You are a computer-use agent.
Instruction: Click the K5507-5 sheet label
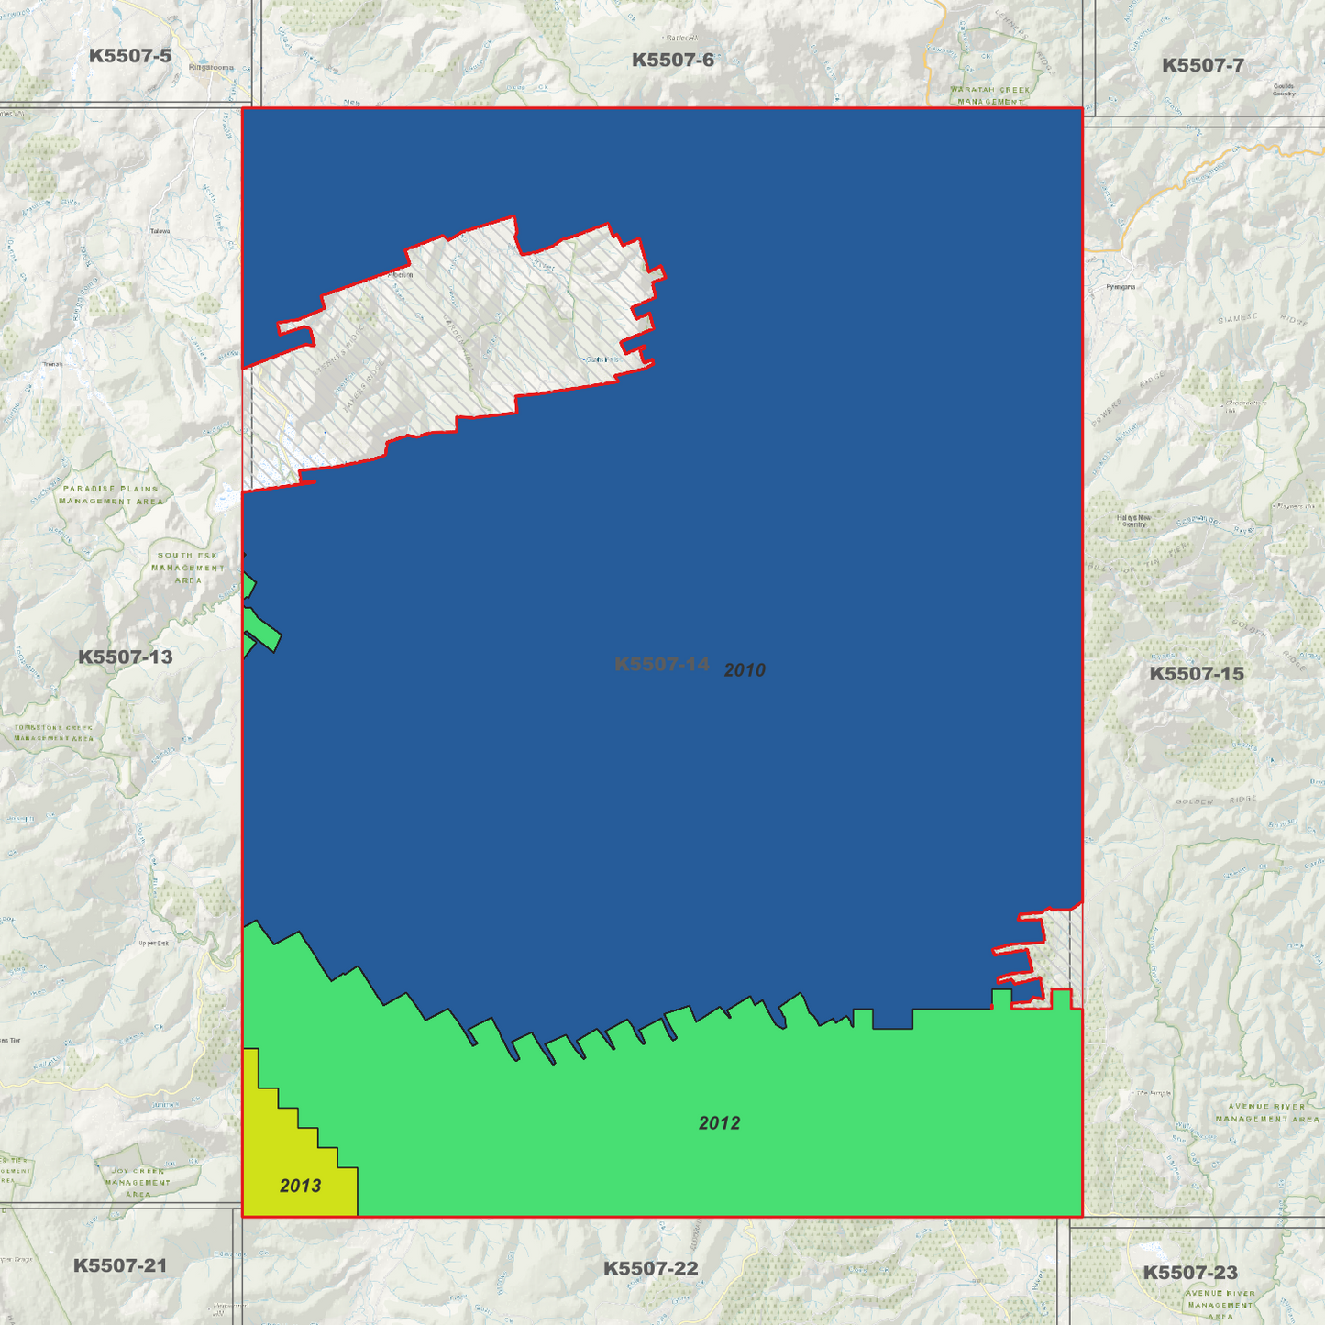(130, 56)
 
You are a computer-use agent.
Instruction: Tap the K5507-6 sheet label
(673, 61)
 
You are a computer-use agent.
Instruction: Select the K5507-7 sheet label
(1202, 65)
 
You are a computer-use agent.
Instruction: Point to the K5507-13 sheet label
(125, 657)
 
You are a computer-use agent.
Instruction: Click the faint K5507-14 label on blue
(662, 664)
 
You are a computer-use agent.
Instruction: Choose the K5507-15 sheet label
(1197, 674)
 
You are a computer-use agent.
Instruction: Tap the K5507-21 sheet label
(120, 1265)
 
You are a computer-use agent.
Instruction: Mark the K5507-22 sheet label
(650, 1268)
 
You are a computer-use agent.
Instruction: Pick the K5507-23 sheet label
(1189, 1272)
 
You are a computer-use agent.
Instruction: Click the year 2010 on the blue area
(745, 670)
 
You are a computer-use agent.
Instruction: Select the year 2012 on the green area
(719, 1123)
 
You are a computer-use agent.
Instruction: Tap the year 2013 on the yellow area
(300, 1186)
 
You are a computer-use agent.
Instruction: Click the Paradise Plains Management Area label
(111, 495)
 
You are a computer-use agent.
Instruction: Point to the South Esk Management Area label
(188, 568)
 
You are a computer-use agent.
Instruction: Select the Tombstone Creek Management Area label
(53, 733)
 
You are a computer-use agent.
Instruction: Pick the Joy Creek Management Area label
(138, 1182)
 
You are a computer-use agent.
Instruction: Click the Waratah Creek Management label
(990, 95)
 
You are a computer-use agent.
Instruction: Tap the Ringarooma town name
(211, 68)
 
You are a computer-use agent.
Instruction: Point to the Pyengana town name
(1121, 287)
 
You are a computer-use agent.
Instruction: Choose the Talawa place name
(160, 231)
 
